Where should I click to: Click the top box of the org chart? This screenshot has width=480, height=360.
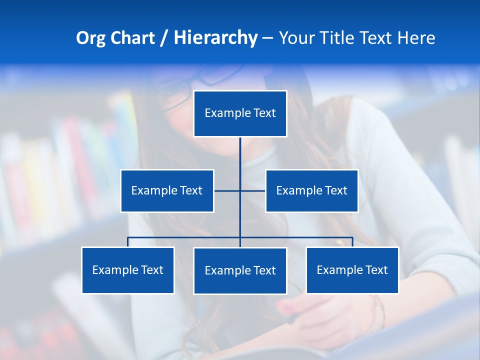coord(240,113)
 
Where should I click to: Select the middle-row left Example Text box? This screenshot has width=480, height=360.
coord(167,190)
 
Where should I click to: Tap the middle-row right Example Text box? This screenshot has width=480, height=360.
coord(311,190)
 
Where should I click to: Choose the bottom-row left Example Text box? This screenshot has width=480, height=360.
coord(128,270)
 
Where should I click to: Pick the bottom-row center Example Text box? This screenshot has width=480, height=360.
coord(240,270)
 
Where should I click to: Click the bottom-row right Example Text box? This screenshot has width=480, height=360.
coord(352,270)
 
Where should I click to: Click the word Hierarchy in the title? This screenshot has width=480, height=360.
coord(215,38)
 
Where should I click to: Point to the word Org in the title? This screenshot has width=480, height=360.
coord(90,38)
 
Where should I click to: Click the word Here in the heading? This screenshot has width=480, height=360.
coord(416,38)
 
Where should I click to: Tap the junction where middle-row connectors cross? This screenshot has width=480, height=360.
coord(240,190)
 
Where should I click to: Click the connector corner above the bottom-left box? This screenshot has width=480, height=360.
coord(128,238)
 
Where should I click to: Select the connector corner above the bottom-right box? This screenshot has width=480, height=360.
coord(352,238)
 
